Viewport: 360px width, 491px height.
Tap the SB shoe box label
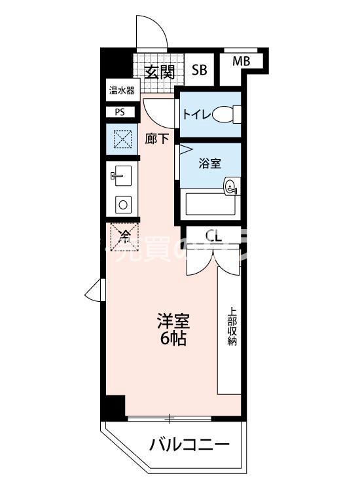(199, 70)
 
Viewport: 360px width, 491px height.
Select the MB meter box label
(242, 62)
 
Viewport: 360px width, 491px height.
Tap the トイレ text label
(196, 115)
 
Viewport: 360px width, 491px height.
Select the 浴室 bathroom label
(209, 162)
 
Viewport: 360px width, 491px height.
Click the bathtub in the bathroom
(210, 204)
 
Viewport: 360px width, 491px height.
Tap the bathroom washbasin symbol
(231, 187)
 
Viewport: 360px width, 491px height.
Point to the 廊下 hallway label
(157, 139)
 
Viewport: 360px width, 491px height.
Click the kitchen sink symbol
(122, 175)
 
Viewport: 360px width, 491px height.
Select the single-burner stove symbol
(122, 204)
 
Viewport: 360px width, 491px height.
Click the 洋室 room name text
(173, 321)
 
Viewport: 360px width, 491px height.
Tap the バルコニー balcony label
(189, 446)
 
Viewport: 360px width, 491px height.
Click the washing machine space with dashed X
(122, 139)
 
